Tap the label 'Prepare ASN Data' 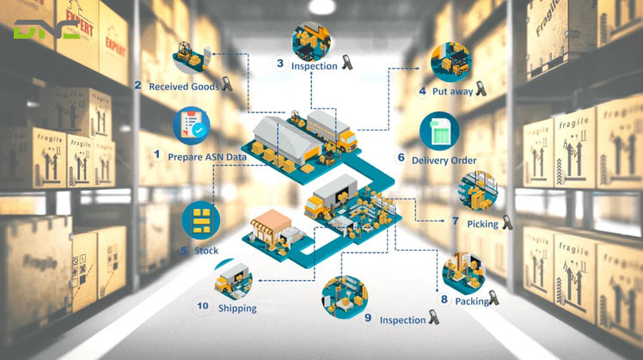[206, 156]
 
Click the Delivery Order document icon [439, 131]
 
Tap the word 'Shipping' [237, 308]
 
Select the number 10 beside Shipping [203, 306]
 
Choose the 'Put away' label [451, 90]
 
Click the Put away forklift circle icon [450, 62]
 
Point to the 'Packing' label [471, 301]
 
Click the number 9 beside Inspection [368, 318]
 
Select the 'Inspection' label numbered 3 [314, 64]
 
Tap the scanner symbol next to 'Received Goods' [228, 85]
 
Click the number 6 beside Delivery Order [401, 158]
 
